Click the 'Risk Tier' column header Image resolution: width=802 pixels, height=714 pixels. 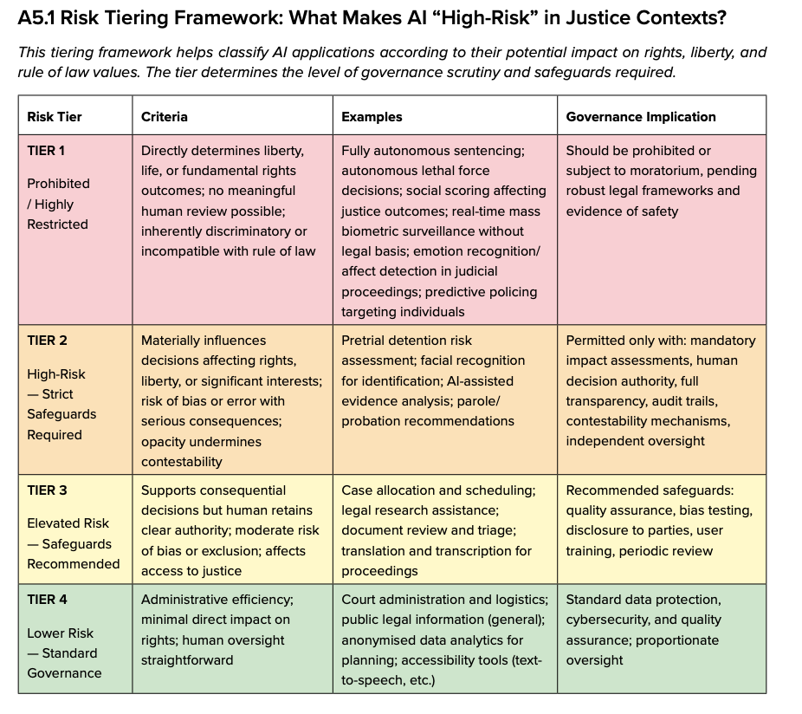coord(55,117)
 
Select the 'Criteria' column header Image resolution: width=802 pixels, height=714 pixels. coord(165,117)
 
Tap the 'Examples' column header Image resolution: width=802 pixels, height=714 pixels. coord(372,117)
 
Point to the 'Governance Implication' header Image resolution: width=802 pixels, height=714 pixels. coord(641,117)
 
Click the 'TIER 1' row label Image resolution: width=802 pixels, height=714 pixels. coord(46,151)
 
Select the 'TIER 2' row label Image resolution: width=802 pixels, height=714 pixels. coord(47,341)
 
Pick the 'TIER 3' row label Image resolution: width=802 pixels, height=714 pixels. coord(47,490)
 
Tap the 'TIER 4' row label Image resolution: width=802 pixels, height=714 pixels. coord(47,600)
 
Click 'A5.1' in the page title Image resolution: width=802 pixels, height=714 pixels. coord(37,18)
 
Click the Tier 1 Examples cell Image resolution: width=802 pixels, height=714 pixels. coord(445,230)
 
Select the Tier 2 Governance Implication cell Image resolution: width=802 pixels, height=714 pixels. coord(662,399)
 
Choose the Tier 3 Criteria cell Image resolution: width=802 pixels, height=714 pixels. coord(232,529)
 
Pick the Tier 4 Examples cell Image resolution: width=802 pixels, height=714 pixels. coord(445,639)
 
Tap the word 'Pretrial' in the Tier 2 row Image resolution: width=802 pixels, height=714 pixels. coord(364,341)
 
